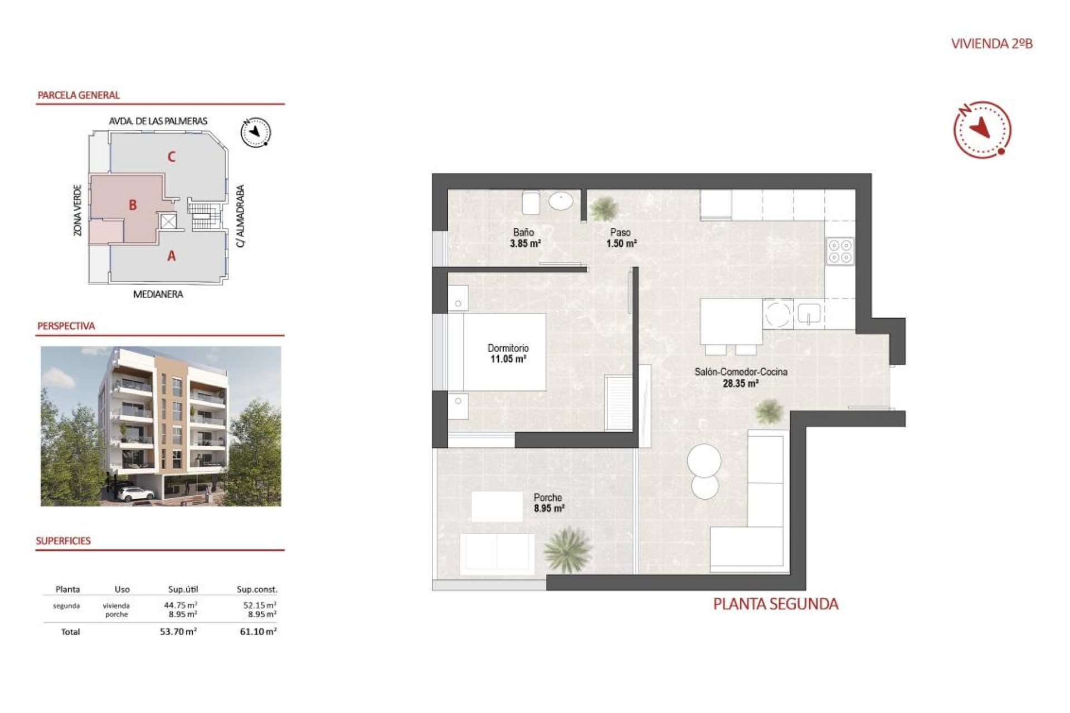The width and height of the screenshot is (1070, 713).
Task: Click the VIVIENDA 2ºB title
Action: (x=991, y=43)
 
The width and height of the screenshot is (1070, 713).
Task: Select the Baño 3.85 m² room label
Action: (x=524, y=238)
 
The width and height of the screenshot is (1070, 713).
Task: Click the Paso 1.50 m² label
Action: (x=621, y=238)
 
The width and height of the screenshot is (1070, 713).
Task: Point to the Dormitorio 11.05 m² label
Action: (x=508, y=353)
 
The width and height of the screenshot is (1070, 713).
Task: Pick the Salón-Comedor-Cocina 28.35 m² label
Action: (x=741, y=377)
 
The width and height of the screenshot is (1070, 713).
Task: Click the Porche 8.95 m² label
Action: (x=548, y=502)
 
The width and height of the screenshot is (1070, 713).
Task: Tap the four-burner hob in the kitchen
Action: (x=840, y=251)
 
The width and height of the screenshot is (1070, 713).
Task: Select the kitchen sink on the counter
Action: (x=809, y=314)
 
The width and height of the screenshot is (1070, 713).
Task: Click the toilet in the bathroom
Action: (x=531, y=203)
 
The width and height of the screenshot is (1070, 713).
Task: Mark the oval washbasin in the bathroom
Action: (x=561, y=201)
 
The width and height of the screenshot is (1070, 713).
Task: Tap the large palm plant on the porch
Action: (x=567, y=550)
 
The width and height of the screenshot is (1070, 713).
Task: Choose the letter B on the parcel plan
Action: (x=133, y=205)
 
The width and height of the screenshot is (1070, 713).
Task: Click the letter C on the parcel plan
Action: (x=172, y=157)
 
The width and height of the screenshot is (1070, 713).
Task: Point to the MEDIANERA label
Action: (x=158, y=294)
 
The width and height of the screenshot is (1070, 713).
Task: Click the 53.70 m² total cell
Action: (x=178, y=632)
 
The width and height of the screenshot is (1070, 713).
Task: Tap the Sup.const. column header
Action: (x=256, y=589)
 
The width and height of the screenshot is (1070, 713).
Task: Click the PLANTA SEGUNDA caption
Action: (x=775, y=604)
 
